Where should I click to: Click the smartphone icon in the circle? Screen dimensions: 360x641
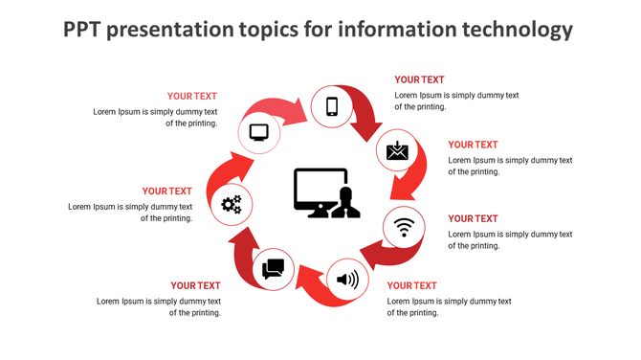332,106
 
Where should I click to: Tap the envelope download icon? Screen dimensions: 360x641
397,151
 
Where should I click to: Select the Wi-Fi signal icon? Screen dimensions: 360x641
405,227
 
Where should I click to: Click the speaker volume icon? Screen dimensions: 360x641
346,281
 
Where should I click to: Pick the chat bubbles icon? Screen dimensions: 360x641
274,268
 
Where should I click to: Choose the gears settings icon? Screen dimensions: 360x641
232,203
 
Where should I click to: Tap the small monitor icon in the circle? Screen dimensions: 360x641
258,133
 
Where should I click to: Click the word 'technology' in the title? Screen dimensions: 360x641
515,31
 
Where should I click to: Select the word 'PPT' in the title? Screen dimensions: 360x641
83,31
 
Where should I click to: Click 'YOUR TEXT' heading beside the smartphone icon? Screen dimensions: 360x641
419,80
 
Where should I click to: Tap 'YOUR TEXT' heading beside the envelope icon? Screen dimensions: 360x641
473,146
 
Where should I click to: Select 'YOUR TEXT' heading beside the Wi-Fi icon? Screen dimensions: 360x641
473,219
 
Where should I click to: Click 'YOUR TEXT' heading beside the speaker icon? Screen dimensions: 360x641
411,285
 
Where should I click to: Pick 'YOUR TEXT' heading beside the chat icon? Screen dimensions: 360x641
195,285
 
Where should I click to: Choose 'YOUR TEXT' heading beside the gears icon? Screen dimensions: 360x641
167,191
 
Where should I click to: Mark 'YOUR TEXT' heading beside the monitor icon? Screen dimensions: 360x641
192,96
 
